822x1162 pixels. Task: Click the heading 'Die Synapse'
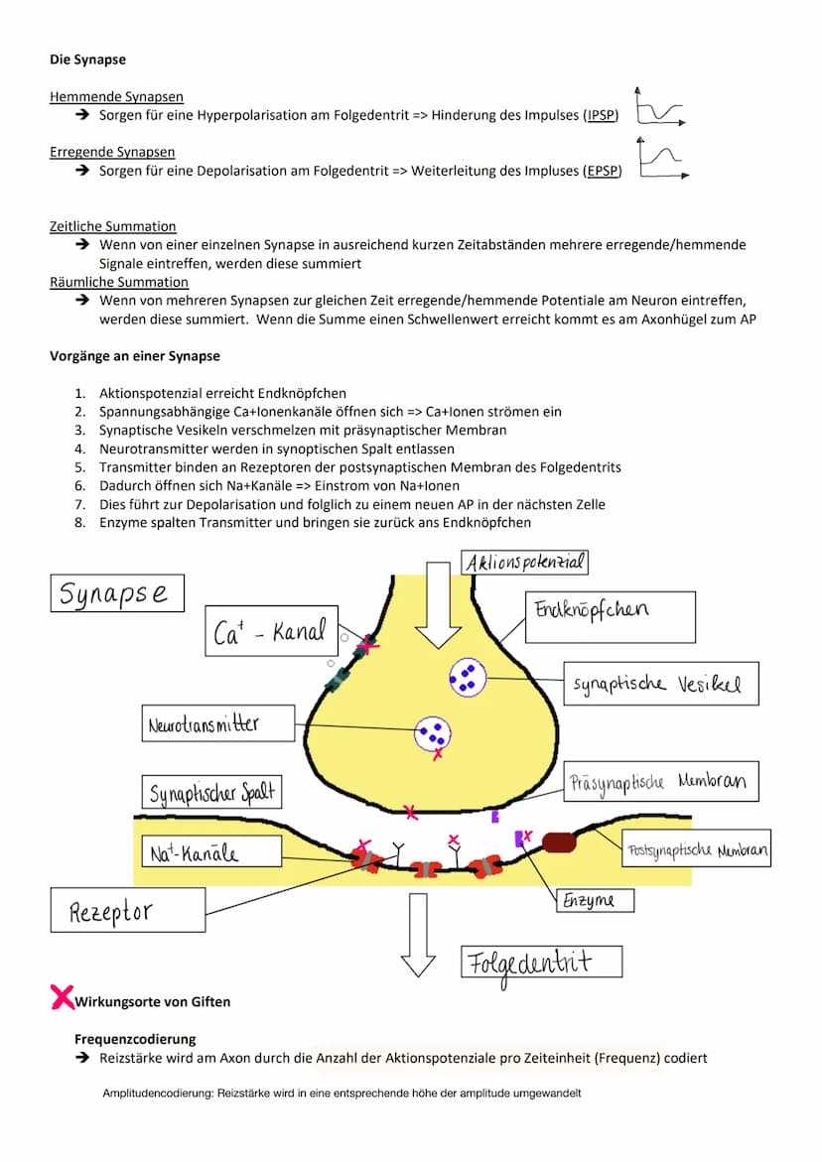87,60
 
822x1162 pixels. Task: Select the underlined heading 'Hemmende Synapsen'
116,97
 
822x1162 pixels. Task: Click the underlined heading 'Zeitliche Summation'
113,226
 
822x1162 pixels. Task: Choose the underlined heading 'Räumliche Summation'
119,282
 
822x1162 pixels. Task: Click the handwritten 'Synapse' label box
116,592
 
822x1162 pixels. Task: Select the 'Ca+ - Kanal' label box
270,632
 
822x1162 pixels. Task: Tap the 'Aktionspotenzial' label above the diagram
526,563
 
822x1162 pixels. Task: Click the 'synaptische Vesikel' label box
660,684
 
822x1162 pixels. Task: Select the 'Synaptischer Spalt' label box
210,793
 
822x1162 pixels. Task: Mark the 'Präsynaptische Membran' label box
659,782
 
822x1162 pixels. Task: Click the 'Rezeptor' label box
127,910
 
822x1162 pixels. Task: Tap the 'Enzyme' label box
593,900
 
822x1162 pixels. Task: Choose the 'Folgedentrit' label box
541,962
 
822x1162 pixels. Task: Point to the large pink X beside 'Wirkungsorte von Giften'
63,996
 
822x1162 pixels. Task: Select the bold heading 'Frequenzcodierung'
135,1039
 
